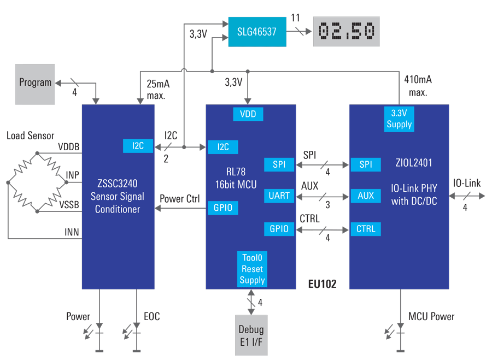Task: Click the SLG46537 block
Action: point(256,32)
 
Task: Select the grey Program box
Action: point(35,83)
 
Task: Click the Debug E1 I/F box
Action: point(251,335)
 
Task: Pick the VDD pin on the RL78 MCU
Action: point(248,114)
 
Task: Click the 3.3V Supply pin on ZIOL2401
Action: point(399,119)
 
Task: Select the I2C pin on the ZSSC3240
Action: point(138,146)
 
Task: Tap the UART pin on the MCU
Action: point(279,196)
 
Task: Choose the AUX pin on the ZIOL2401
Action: point(366,196)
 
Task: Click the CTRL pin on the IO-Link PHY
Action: point(366,229)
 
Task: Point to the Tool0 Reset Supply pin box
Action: point(252,269)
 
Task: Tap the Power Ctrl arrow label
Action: point(180,198)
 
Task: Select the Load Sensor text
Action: point(31,135)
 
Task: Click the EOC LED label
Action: point(151,316)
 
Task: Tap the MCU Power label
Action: point(431,316)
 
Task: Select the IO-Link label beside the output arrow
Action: point(466,184)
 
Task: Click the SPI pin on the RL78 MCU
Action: point(279,164)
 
